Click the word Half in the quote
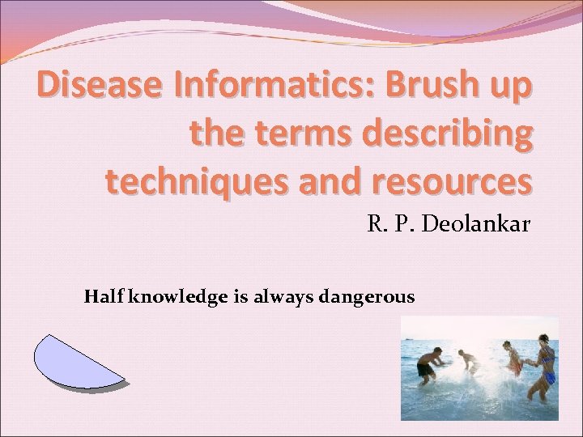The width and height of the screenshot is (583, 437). (x=100, y=297)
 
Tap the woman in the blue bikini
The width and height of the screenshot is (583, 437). (x=543, y=368)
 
